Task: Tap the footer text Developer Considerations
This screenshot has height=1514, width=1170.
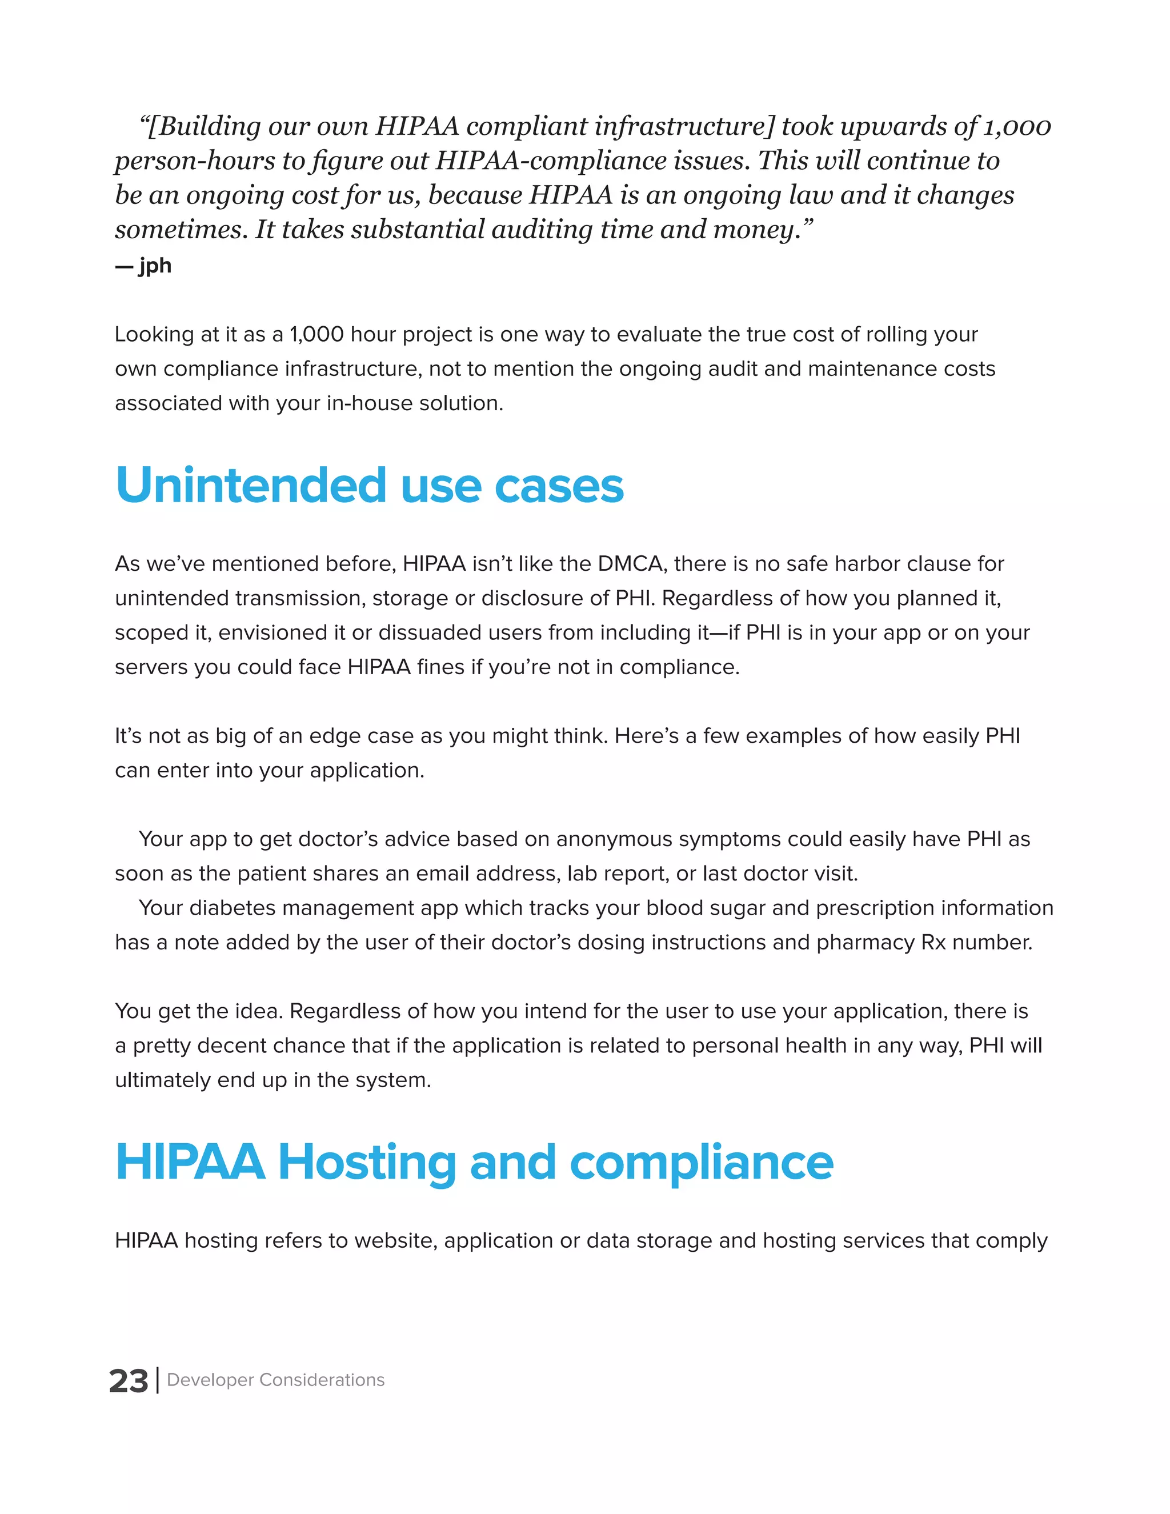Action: [275, 1380]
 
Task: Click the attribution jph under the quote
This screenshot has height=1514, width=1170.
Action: [155, 266]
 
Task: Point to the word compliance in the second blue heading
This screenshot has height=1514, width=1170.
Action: [701, 1162]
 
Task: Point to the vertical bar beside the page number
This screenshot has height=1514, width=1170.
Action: [158, 1380]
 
